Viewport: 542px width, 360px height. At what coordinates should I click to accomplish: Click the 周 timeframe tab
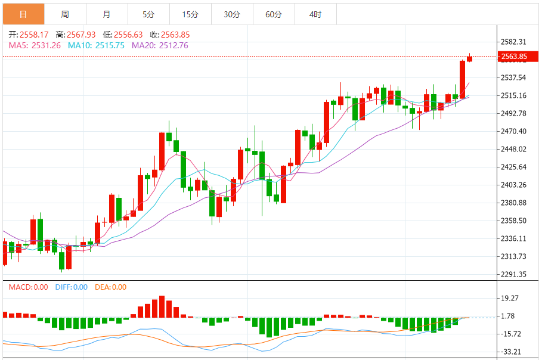click(x=65, y=14)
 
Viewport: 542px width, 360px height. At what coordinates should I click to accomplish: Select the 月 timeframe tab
click(x=107, y=14)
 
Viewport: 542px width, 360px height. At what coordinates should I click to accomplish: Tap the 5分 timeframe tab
click(x=148, y=14)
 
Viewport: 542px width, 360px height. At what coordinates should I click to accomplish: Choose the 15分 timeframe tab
click(x=190, y=14)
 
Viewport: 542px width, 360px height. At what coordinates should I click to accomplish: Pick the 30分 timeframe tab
click(x=232, y=14)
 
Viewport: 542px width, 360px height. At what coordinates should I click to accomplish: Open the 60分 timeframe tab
click(x=274, y=14)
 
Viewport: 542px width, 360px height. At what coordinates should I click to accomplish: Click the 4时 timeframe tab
click(x=315, y=14)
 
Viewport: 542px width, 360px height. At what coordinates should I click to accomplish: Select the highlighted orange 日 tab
click(x=23, y=14)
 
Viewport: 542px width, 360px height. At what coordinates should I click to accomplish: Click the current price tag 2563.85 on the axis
click(x=514, y=57)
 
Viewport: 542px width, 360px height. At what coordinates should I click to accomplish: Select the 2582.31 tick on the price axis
click(x=513, y=42)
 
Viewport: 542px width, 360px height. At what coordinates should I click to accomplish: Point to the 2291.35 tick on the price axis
click(x=513, y=274)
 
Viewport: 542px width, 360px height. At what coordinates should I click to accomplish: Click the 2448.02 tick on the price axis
click(x=513, y=149)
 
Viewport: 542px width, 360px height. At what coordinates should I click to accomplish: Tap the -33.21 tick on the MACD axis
click(x=513, y=352)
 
